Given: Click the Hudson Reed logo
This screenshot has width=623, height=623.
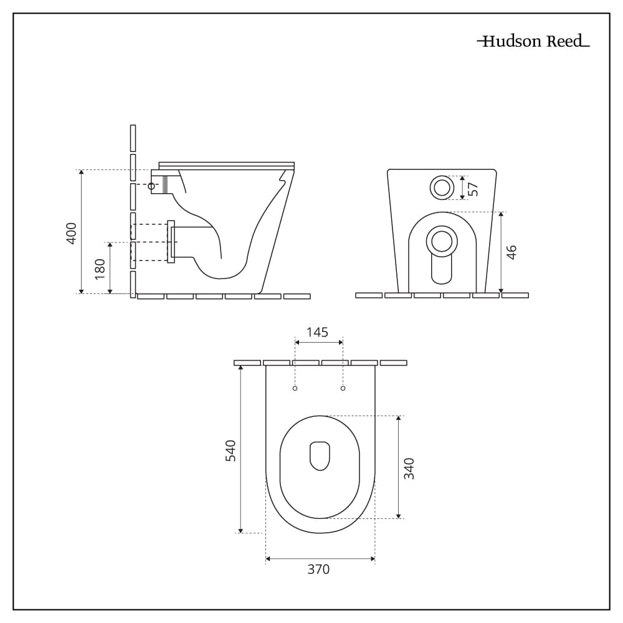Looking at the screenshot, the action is pyautogui.click(x=533, y=41).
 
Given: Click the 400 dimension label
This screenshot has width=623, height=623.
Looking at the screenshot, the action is pyautogui.click(x=71, y=233).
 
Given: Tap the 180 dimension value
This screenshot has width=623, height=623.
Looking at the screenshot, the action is pyautogui.click(x=100, y=269).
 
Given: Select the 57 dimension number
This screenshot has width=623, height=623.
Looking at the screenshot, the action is pyautogui.click(x=473, y=189).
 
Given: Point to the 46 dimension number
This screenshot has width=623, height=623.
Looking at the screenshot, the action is pyautogui.click(x=512, y=252).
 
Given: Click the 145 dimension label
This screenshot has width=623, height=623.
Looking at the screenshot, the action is pyautogui.click(x=318, y=332).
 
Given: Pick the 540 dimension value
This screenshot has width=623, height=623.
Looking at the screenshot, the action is pyautogui.click(x=231, y=450).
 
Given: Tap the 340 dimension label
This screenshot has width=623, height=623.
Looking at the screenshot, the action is pyautogui.click(x=409, y=468).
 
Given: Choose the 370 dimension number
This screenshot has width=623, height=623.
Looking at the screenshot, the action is pyautogui.click(x=318, y=569).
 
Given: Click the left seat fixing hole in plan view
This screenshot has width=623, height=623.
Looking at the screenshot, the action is pyautogui.click(x=295, y=388).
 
